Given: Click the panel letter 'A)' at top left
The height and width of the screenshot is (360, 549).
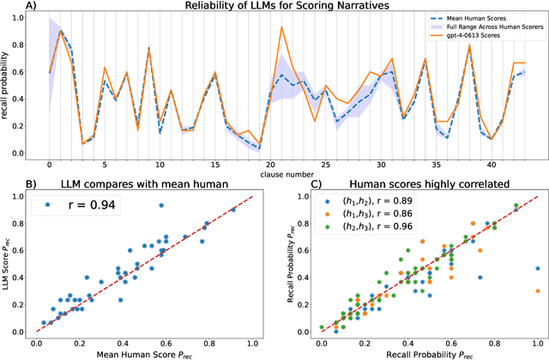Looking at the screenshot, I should [x=9, y=8].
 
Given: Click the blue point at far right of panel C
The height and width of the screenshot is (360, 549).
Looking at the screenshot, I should [x=538, y=268].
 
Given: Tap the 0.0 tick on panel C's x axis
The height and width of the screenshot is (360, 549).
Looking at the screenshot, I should [x=321, y=340].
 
